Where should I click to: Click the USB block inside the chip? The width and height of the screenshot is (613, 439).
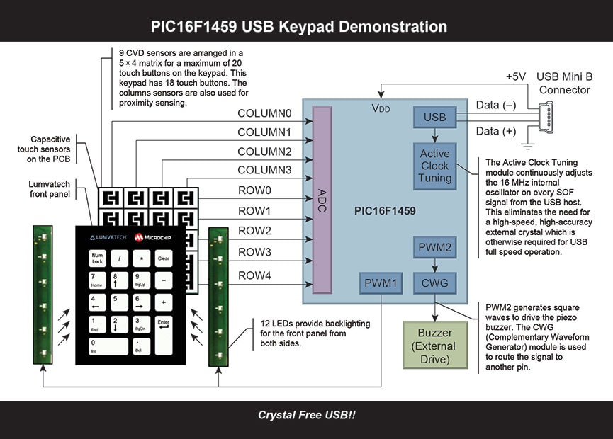coord(434,117)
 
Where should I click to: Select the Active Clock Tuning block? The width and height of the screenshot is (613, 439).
coord(434,166)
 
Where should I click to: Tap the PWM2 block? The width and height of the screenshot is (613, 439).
coord(434,248)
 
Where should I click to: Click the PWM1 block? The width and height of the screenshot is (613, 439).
coord(380,284)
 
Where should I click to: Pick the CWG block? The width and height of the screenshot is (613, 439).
coord(434,284)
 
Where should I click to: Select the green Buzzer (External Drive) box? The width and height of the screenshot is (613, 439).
coord(434,346)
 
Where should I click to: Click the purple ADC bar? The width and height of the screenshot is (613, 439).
coord(322,200)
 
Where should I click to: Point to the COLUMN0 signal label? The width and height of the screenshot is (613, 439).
coord(264,113)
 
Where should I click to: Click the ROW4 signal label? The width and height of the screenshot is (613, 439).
coord(254,275)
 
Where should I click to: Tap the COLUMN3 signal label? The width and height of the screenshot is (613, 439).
coord(264,170)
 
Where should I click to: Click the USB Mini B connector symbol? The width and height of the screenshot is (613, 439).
coord(547,118)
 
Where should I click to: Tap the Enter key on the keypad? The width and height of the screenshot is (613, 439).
coord(164,335)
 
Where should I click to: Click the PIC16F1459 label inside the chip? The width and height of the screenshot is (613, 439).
coord(385,211)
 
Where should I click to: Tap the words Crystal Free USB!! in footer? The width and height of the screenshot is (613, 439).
coord(306,415)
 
